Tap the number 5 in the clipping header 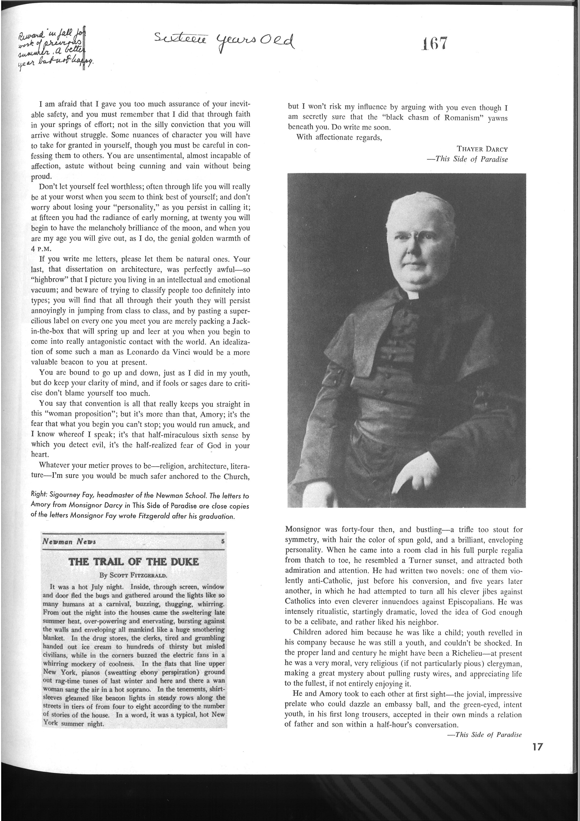click(x=222, y=541)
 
